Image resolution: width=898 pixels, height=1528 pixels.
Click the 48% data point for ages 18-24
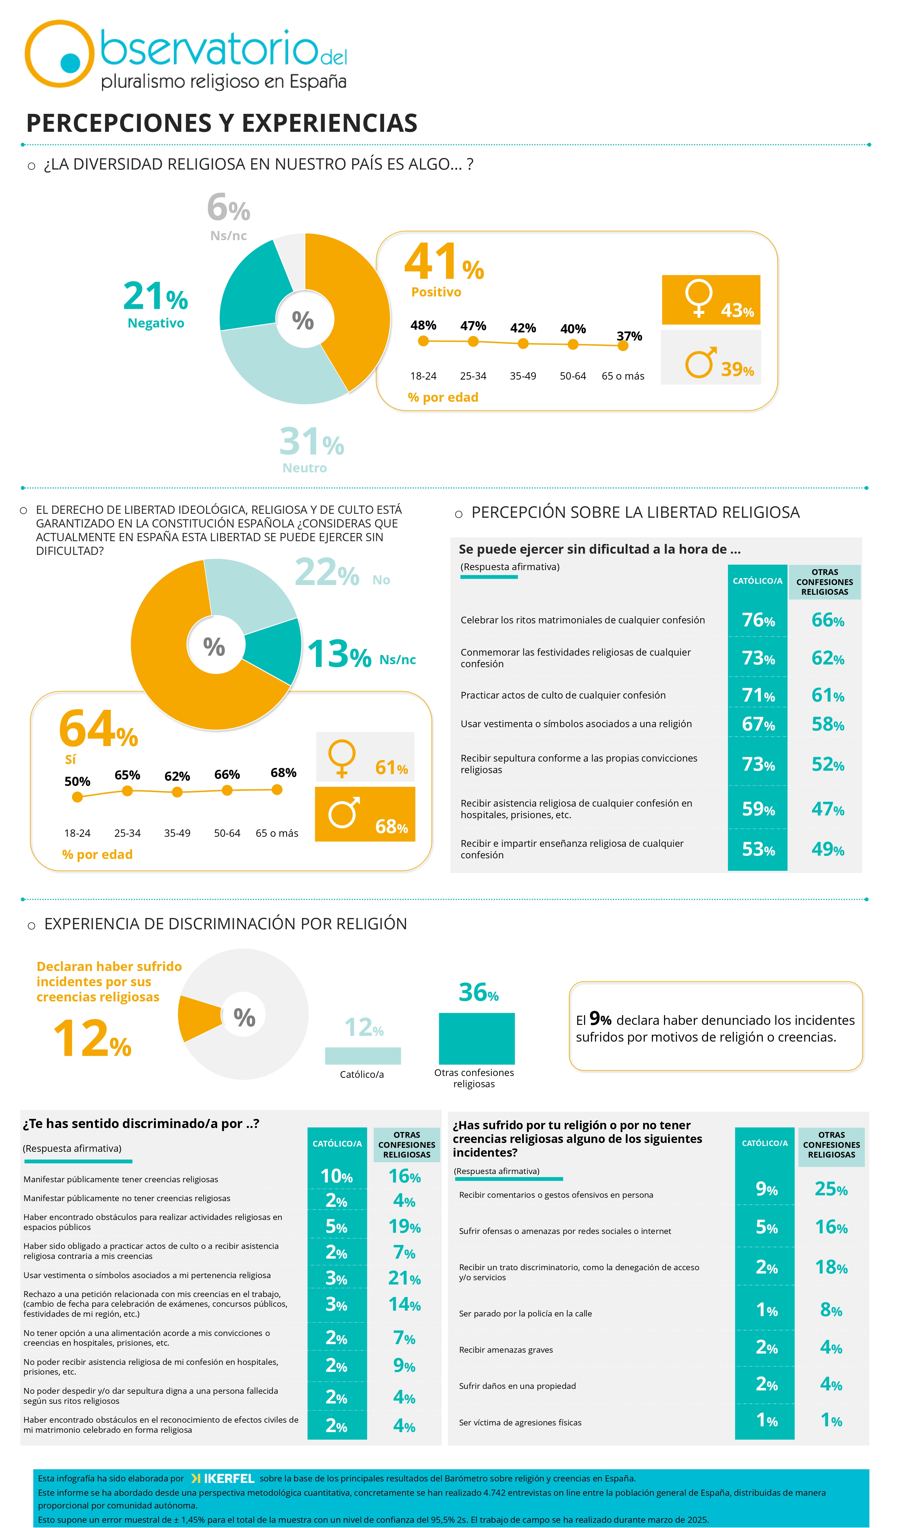424,341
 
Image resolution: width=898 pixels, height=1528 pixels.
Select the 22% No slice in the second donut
248,594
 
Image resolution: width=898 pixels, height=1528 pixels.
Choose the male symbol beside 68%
344,812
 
